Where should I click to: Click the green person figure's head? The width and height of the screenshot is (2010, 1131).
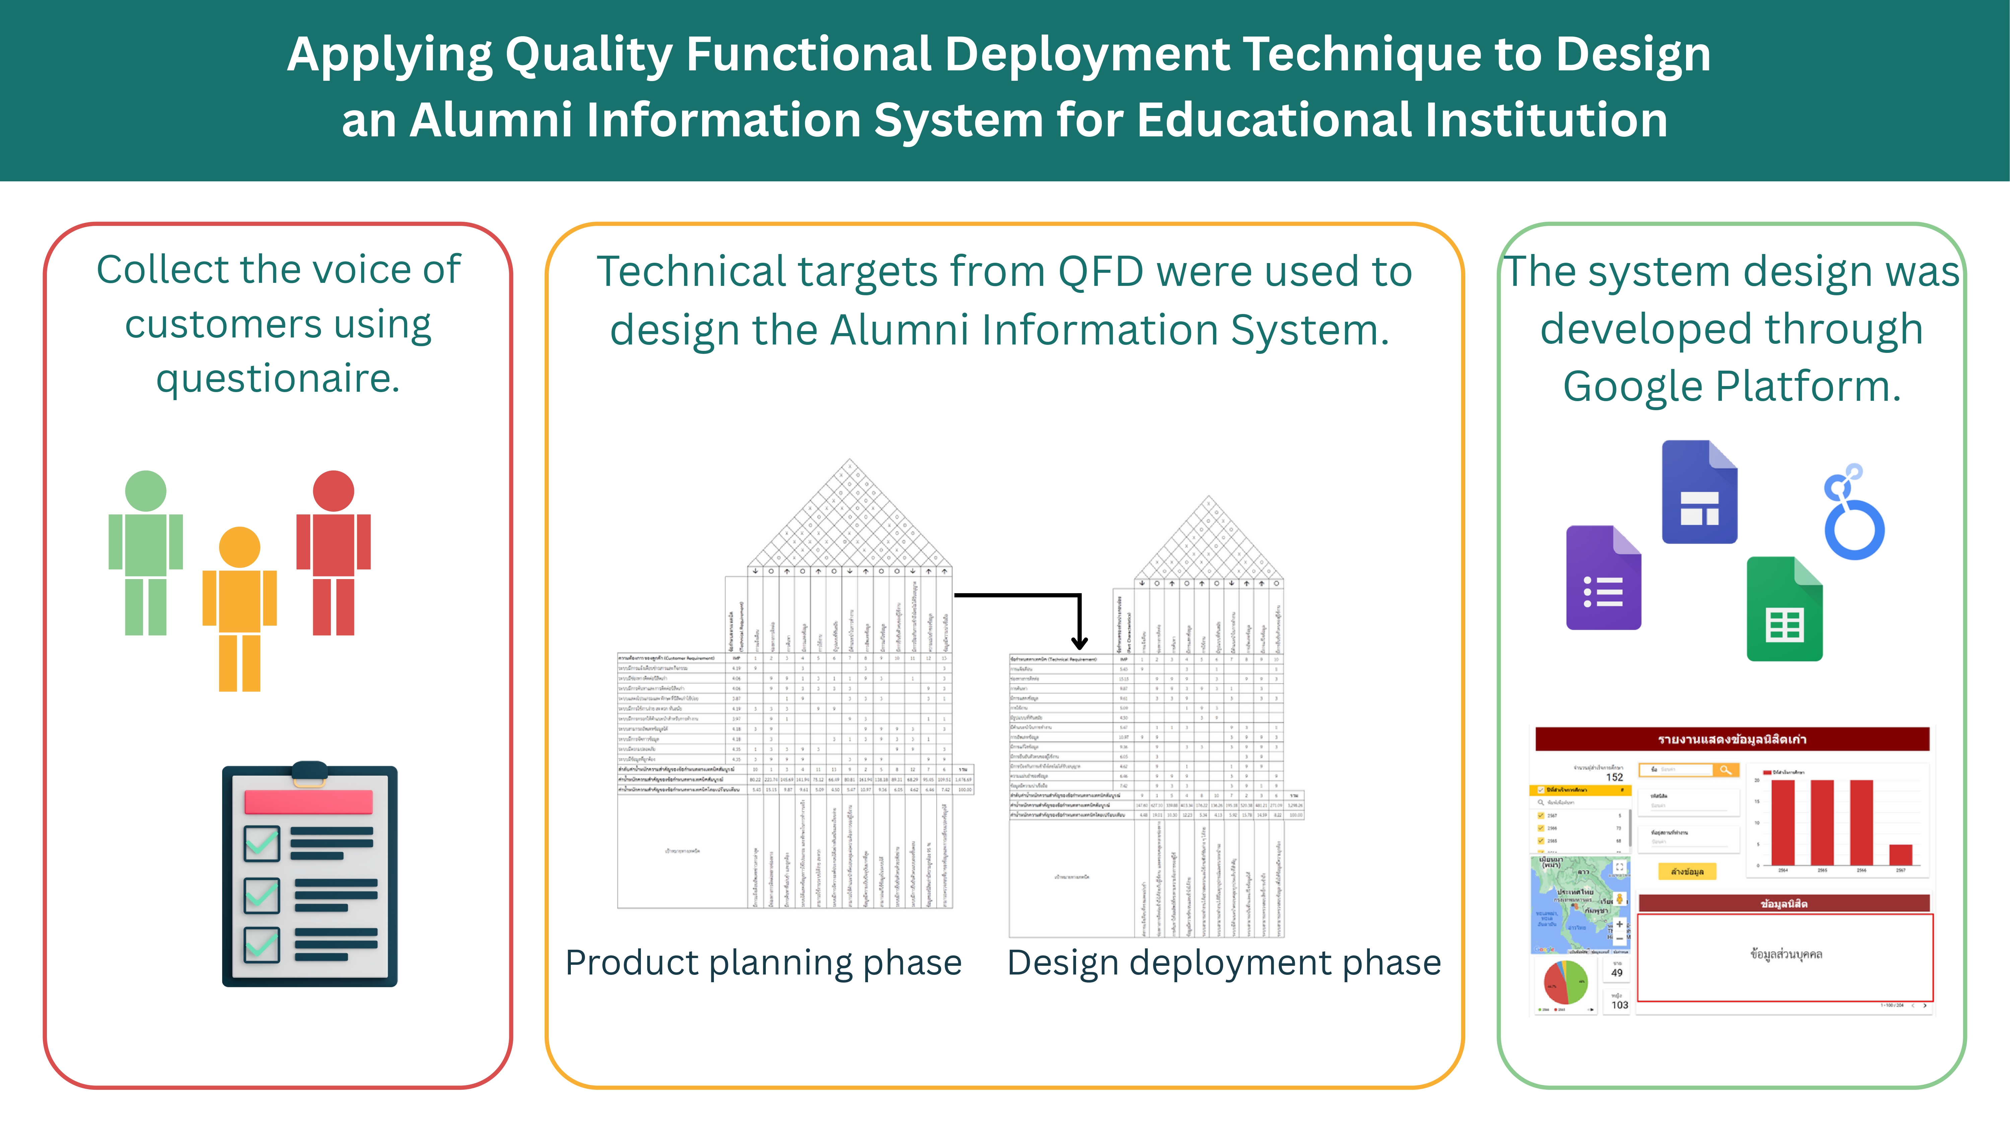click(146, 491)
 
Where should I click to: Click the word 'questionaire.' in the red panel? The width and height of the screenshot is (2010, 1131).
click(278, 380)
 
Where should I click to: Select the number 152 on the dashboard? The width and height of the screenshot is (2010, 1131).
click(1614, 777)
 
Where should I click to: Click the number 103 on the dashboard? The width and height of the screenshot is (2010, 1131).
click(1620, 1005)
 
